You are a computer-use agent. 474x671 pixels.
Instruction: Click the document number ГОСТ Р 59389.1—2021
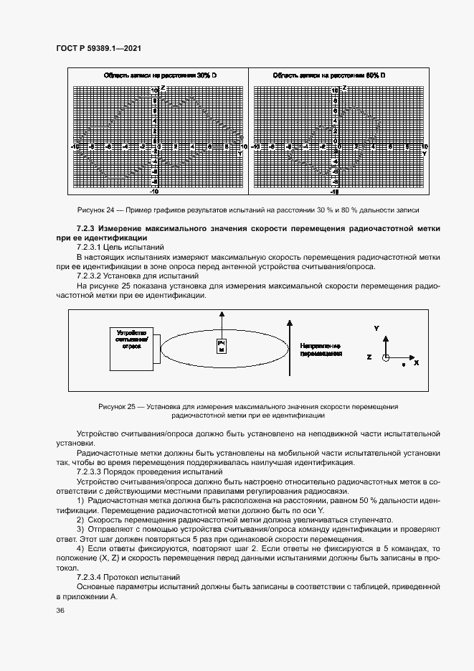98,48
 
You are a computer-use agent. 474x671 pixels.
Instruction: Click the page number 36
60,610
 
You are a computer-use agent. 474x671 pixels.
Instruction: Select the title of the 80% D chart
329,75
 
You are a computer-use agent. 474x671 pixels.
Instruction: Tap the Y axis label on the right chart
424,153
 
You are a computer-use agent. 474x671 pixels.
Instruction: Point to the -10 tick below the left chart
153,192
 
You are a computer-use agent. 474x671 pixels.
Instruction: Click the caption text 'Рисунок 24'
98,210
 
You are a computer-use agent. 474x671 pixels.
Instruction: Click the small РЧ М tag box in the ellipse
222,346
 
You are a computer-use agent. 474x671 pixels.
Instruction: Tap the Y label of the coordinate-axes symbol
376,328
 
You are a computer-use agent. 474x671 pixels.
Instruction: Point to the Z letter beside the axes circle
369,357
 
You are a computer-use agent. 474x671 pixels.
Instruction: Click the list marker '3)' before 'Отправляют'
80,530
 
